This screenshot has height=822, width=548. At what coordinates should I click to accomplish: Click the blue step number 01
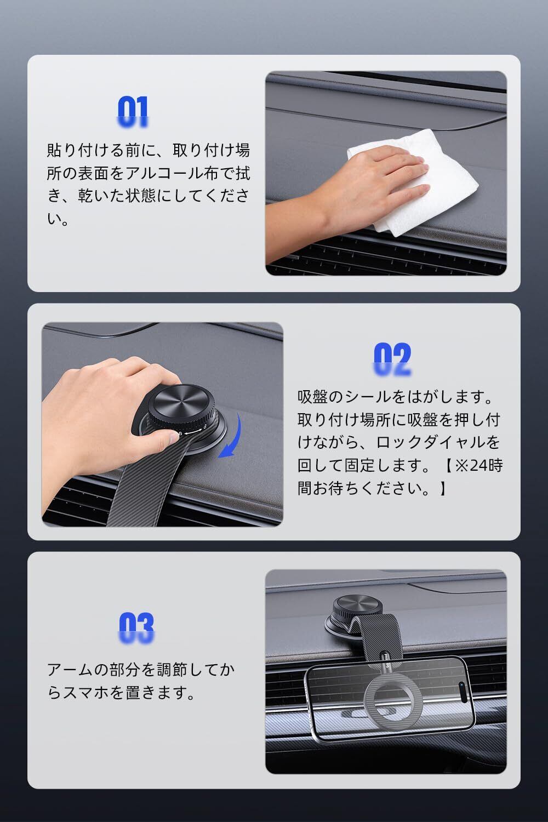133,112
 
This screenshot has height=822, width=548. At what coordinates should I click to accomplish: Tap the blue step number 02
392,359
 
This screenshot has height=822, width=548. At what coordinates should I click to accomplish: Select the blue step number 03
136,628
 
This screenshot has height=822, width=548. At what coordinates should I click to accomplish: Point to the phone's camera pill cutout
463,693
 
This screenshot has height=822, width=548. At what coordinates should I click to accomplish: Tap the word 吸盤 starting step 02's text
313,397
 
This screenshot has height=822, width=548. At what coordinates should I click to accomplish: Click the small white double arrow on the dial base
193,431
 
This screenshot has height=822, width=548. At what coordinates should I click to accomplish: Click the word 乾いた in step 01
101,196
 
